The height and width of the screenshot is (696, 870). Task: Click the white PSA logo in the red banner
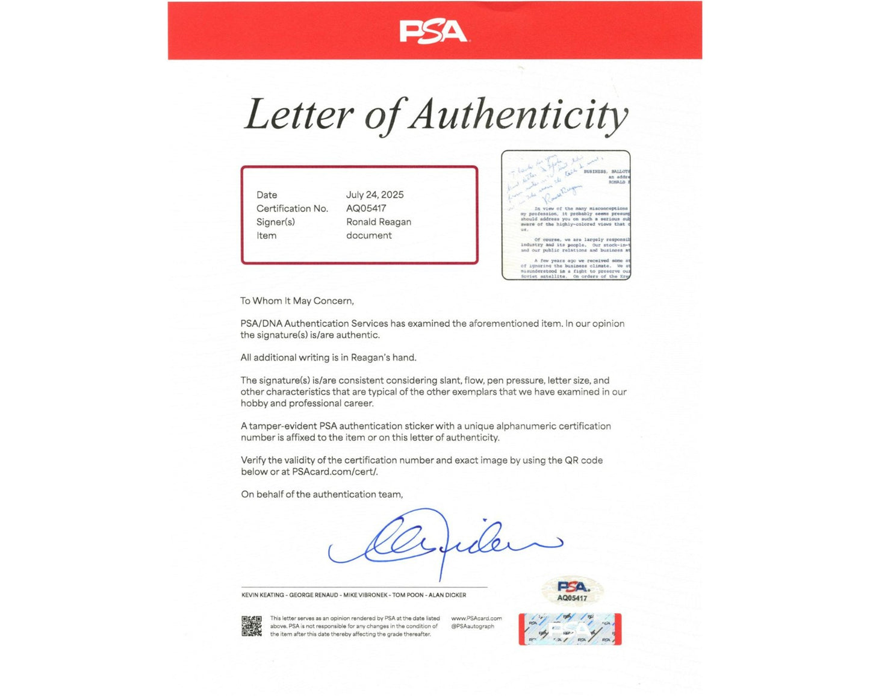tap(433, 31)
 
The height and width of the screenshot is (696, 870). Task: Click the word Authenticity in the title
tap(519, 114)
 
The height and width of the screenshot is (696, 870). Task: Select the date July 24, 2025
tap(374, 194)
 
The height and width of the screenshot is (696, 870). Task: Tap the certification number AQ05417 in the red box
tap(366, 208)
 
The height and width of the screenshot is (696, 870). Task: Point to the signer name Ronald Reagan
tap(379, 222)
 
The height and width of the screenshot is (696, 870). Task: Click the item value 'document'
tap(368, 235)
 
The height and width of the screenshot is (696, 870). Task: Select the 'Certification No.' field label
tap(292, 208)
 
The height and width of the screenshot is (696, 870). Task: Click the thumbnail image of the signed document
tap(566, 215)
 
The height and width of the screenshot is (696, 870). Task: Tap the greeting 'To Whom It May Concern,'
tap(297, 300)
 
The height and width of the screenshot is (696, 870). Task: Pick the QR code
tap(252, 626)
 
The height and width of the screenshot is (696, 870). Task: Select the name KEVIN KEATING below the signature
tap(263, 595)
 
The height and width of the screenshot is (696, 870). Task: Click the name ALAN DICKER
tap(447, 595)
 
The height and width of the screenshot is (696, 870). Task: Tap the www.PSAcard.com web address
tap(476, 618)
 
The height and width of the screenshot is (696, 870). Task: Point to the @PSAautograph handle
tap(473, 626)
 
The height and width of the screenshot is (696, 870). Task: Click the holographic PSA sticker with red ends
tap(570, 629)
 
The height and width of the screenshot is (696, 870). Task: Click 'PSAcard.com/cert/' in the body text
tap(335, 471)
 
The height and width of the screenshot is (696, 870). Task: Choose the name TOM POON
tap(408, 595)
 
